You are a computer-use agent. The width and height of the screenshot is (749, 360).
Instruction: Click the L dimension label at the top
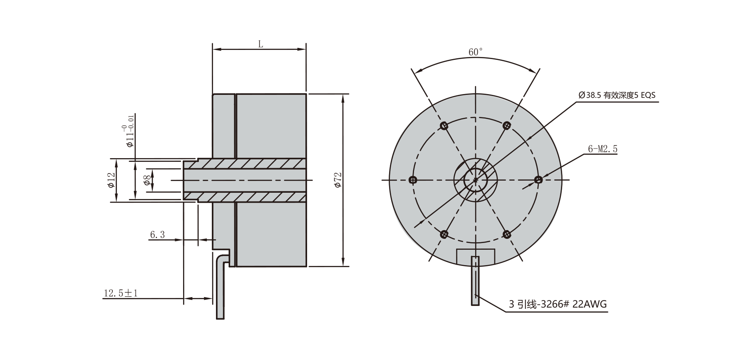[260, 44]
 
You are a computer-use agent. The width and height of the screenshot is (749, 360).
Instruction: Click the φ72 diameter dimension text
[338, 180]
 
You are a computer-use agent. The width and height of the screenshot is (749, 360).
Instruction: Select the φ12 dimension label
[111, 180]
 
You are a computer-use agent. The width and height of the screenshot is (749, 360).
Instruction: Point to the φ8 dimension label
[147, 180]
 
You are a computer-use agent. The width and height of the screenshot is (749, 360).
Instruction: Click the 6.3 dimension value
[157, 235]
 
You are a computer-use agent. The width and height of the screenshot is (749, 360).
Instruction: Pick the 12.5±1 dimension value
[121, 293]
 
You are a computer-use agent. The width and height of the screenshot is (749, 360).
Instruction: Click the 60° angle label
[476, 52]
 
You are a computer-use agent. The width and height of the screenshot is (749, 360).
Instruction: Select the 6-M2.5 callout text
[603, 149]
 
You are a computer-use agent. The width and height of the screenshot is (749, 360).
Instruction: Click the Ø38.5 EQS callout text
[617, 95]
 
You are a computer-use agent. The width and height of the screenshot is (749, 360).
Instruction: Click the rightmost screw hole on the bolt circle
[538, 180]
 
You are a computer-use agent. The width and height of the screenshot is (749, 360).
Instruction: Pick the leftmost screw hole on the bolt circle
[413, 180]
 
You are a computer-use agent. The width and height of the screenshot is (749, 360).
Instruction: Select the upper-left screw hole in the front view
[444, 125]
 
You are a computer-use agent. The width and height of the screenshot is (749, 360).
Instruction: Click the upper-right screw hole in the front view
[506, 125]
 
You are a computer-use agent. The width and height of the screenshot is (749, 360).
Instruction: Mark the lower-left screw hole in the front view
[444, 234]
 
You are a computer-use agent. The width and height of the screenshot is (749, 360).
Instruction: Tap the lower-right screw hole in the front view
[506, 234]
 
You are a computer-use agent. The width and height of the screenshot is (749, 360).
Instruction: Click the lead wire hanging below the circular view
[475, 283]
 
